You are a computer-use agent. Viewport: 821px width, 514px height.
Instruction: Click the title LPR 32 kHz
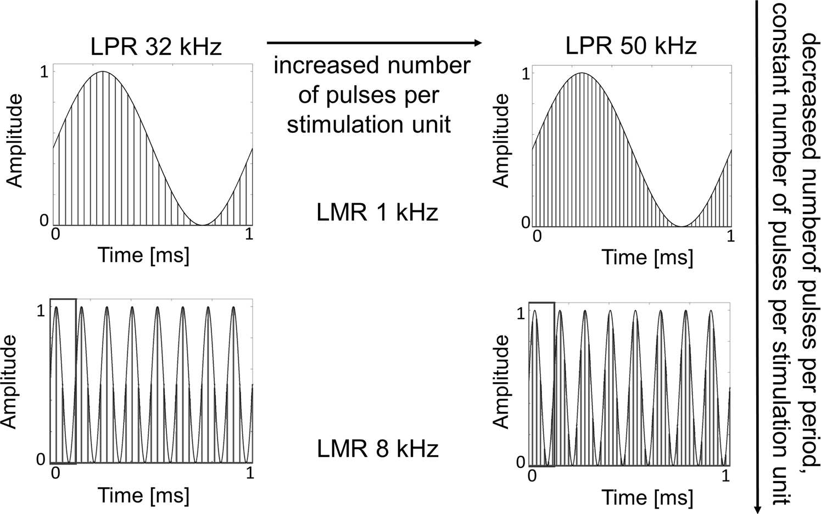pos(156,47)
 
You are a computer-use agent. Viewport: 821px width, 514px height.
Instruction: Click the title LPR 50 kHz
pos(631,47)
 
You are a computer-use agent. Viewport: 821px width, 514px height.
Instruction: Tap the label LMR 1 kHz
pos(377,212)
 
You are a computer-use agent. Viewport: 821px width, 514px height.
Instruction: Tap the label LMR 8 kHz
pos(377,449)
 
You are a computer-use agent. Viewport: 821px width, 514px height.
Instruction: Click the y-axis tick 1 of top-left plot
pos(44,72)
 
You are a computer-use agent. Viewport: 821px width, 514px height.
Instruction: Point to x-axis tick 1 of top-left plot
pos(249,234)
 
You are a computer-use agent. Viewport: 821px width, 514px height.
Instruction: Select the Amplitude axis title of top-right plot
pos(501,141)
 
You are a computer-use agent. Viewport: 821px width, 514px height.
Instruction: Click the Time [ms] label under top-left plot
pos(143,255)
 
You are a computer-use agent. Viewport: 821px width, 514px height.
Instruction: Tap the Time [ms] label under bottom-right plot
pos(647,498)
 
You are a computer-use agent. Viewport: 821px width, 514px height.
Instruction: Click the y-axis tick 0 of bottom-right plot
pos(521,462)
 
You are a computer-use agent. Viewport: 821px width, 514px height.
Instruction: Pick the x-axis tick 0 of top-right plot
pos(537,237)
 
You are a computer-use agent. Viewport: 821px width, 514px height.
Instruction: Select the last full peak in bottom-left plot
pos(233,308)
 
